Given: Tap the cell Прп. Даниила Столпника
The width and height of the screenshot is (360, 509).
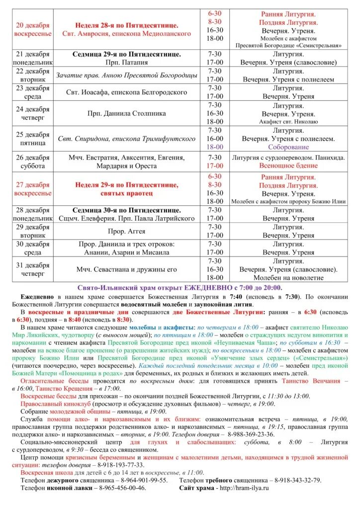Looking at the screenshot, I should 126,113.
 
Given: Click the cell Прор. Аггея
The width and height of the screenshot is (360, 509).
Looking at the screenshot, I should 126,231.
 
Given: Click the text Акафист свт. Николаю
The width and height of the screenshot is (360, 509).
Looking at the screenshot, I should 288,122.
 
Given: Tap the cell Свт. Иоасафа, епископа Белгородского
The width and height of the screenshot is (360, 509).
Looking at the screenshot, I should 126,92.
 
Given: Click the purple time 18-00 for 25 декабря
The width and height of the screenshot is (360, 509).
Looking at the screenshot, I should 215,147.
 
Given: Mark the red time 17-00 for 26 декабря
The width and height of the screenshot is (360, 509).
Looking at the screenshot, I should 215,166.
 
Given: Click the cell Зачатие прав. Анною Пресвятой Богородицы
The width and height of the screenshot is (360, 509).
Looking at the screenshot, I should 126,75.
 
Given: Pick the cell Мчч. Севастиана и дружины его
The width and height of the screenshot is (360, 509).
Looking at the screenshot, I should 126,269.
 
